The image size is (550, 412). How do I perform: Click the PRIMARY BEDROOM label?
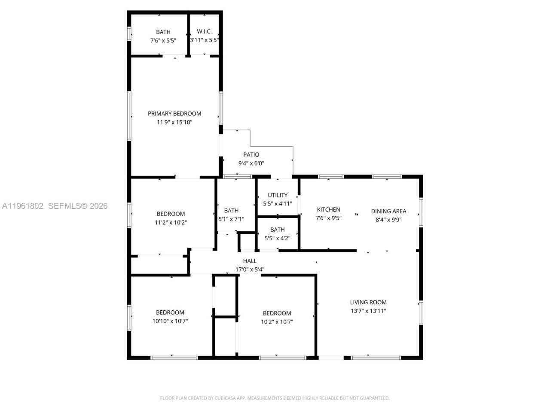(x=174, y=114)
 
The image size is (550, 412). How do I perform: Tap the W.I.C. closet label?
(x=204, y=32)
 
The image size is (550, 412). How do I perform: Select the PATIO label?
(x=251, y=154)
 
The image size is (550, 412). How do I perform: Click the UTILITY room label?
(x=278, y=195)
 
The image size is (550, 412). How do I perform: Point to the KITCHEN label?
(x=328, y=209)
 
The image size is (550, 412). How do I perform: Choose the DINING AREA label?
(x=388, y=211)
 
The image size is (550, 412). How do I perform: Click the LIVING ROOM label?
(x=368, y=302)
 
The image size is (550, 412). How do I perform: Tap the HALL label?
(x=250, y=261)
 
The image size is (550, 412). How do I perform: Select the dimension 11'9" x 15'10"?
(x=174, y=122)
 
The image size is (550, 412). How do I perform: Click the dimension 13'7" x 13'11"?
(x=368, y=311)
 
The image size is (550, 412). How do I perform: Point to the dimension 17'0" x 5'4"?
(x=250, y=270)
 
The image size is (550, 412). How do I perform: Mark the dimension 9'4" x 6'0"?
(x=251, y=163)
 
